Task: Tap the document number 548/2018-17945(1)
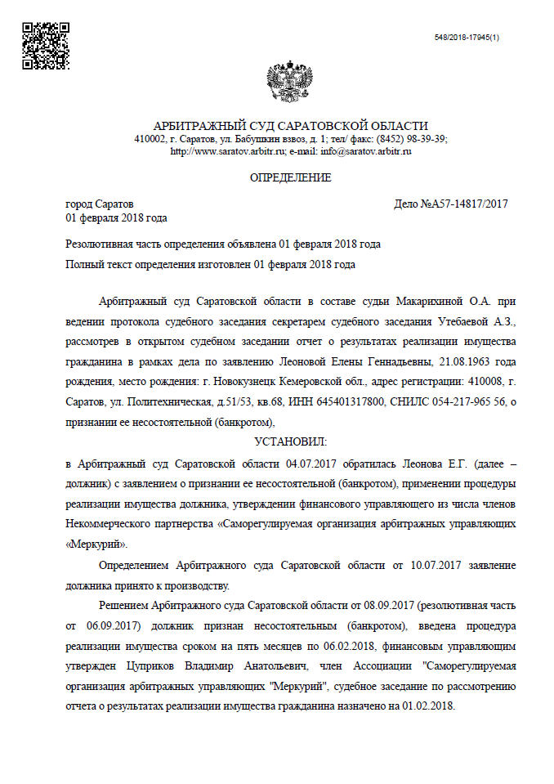pyautogui.click(x=467, y=38)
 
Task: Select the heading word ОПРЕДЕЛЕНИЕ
pyautogui.click(x=290, y=178)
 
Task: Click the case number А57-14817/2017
pyautogui.click(x=462, y=204)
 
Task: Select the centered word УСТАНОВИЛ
pyautogui.click(x=290, y=442)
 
